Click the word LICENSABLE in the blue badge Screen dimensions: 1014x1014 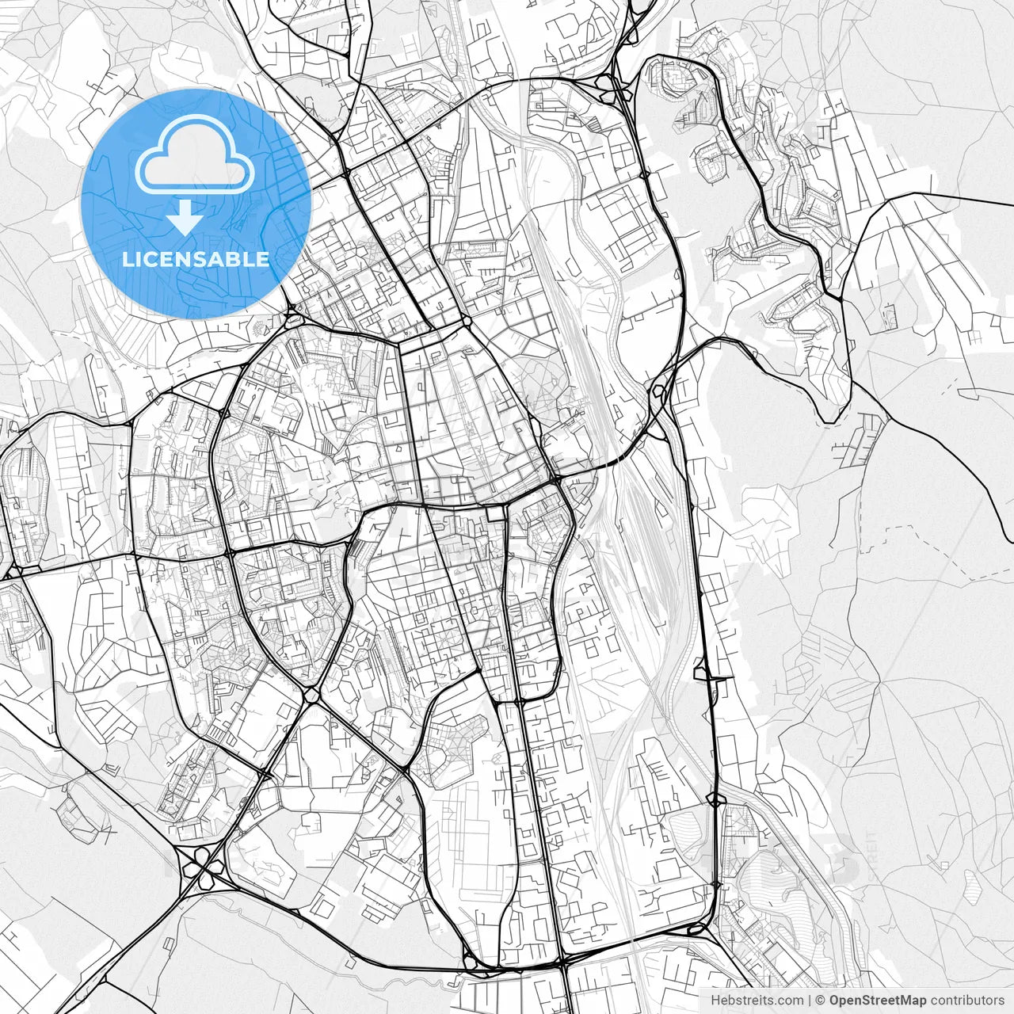pyautogui.click(x=196, y=259)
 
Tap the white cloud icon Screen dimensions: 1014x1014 pyautogui.click(x=195, y=155)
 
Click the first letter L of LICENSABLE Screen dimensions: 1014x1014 pyautogui.click(x=127, y=259)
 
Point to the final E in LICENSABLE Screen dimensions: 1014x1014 pyautogui.click(x=264, y=259)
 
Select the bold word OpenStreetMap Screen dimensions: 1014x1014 pyautogui.click(x=878, y=1001)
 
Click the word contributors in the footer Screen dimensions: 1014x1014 pyautogui.click(x=966, y=1001)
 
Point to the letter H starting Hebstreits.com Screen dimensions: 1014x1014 pyautogui.click(x=715, y=1001)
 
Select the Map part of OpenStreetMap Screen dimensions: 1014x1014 pyautogui.click(x=913, y=1001)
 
